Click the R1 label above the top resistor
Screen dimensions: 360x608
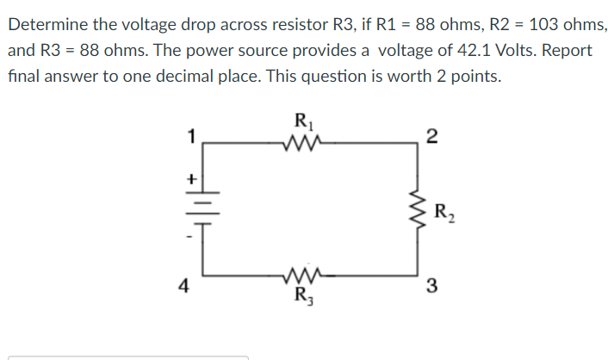(303, 121)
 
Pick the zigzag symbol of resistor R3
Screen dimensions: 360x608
(302, 277)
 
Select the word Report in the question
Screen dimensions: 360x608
(566, 50)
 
